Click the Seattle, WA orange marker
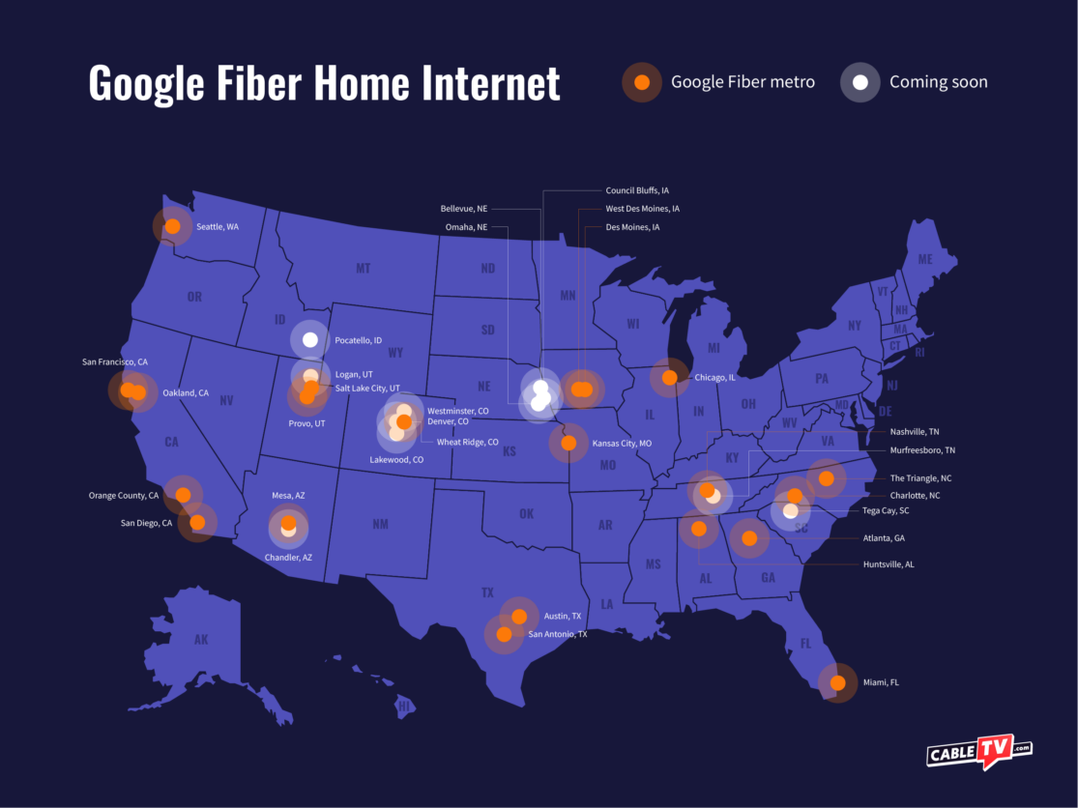coord(173,226)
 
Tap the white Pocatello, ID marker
coord(310,339)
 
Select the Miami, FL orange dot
coord(837,682)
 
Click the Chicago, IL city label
coord(714,378)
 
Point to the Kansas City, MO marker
coord(568,443)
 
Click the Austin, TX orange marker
coord(519,616)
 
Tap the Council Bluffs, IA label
coord(637,190)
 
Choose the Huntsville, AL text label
coord(888,564)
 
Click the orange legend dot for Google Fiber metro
coord(641,82)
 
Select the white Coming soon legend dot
coord(859,82)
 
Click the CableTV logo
coord(978,751)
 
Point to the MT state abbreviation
coord(363,268)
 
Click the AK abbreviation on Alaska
coord(200,639)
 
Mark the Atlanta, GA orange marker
coord(749,538)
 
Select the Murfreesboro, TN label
coord(922,450)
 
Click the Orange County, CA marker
coord(183,495)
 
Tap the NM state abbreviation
coord(380,524)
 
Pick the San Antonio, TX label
coord(557,634)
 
